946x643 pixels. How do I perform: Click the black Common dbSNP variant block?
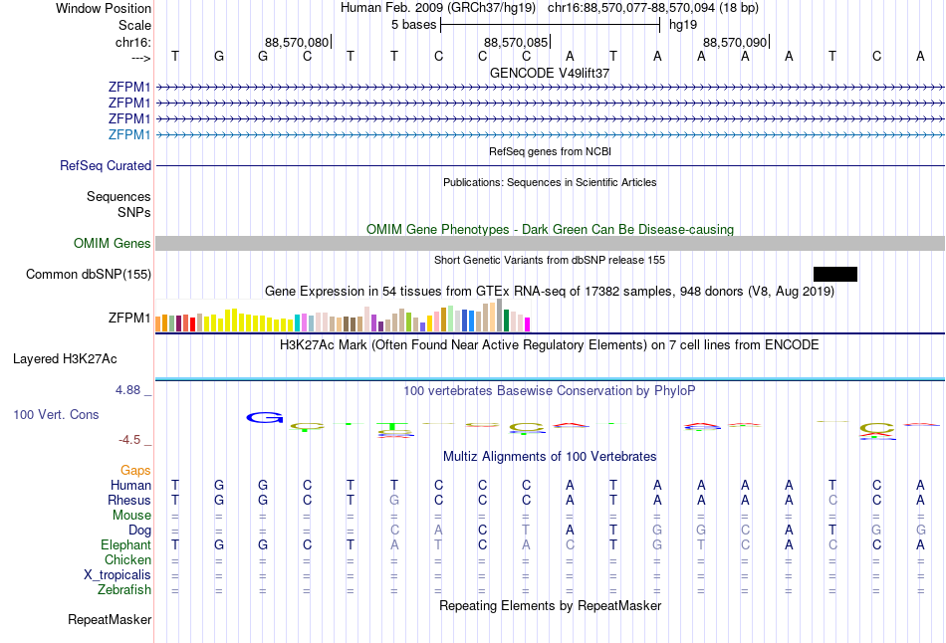(834, 274)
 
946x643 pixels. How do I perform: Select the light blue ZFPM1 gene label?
(129, 134)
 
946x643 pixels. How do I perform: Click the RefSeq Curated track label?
(106, 166)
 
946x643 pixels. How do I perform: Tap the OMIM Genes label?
(113, 244)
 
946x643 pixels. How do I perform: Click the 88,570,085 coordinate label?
(515, 42)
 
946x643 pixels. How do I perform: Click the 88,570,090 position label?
(735, 42)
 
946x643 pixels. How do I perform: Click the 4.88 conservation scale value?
(128, 389)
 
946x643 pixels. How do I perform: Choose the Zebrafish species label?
(124, 590)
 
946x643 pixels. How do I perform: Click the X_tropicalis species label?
(118, 575)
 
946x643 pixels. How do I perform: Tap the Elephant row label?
(125, 545)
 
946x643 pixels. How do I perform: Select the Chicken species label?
(127, 560)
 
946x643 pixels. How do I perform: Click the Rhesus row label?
(129, 500)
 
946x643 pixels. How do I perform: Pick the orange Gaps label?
(135, 470)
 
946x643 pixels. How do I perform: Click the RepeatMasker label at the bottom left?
(110, 620)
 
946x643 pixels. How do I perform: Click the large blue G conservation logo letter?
(265, 417)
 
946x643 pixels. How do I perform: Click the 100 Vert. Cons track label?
(56, 414)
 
